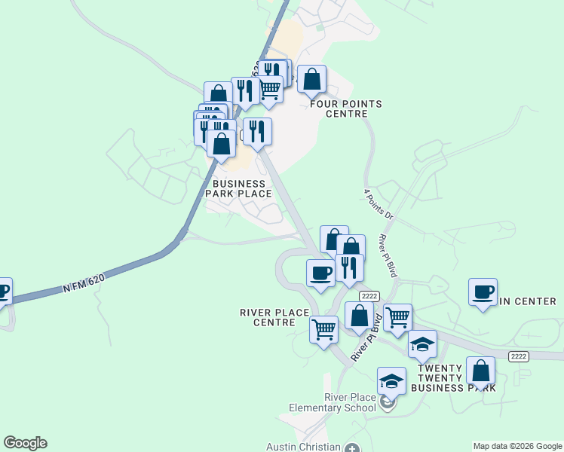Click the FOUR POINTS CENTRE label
pos(346,108)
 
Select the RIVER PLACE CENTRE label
pos(274,317)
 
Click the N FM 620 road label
pos(84,283)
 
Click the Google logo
pos(25,443)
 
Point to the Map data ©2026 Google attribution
pos(516,446)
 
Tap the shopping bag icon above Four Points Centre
pos(311,79)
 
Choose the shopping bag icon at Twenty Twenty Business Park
pos(480,371)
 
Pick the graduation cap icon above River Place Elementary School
pos(392,381)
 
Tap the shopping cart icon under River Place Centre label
pos(324,329)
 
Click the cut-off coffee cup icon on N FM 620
pos(4,291)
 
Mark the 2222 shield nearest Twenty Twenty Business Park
pos(518,356)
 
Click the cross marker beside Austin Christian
pos(352,447)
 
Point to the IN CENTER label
pos(528,301)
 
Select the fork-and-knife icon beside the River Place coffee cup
pos(349,267)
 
